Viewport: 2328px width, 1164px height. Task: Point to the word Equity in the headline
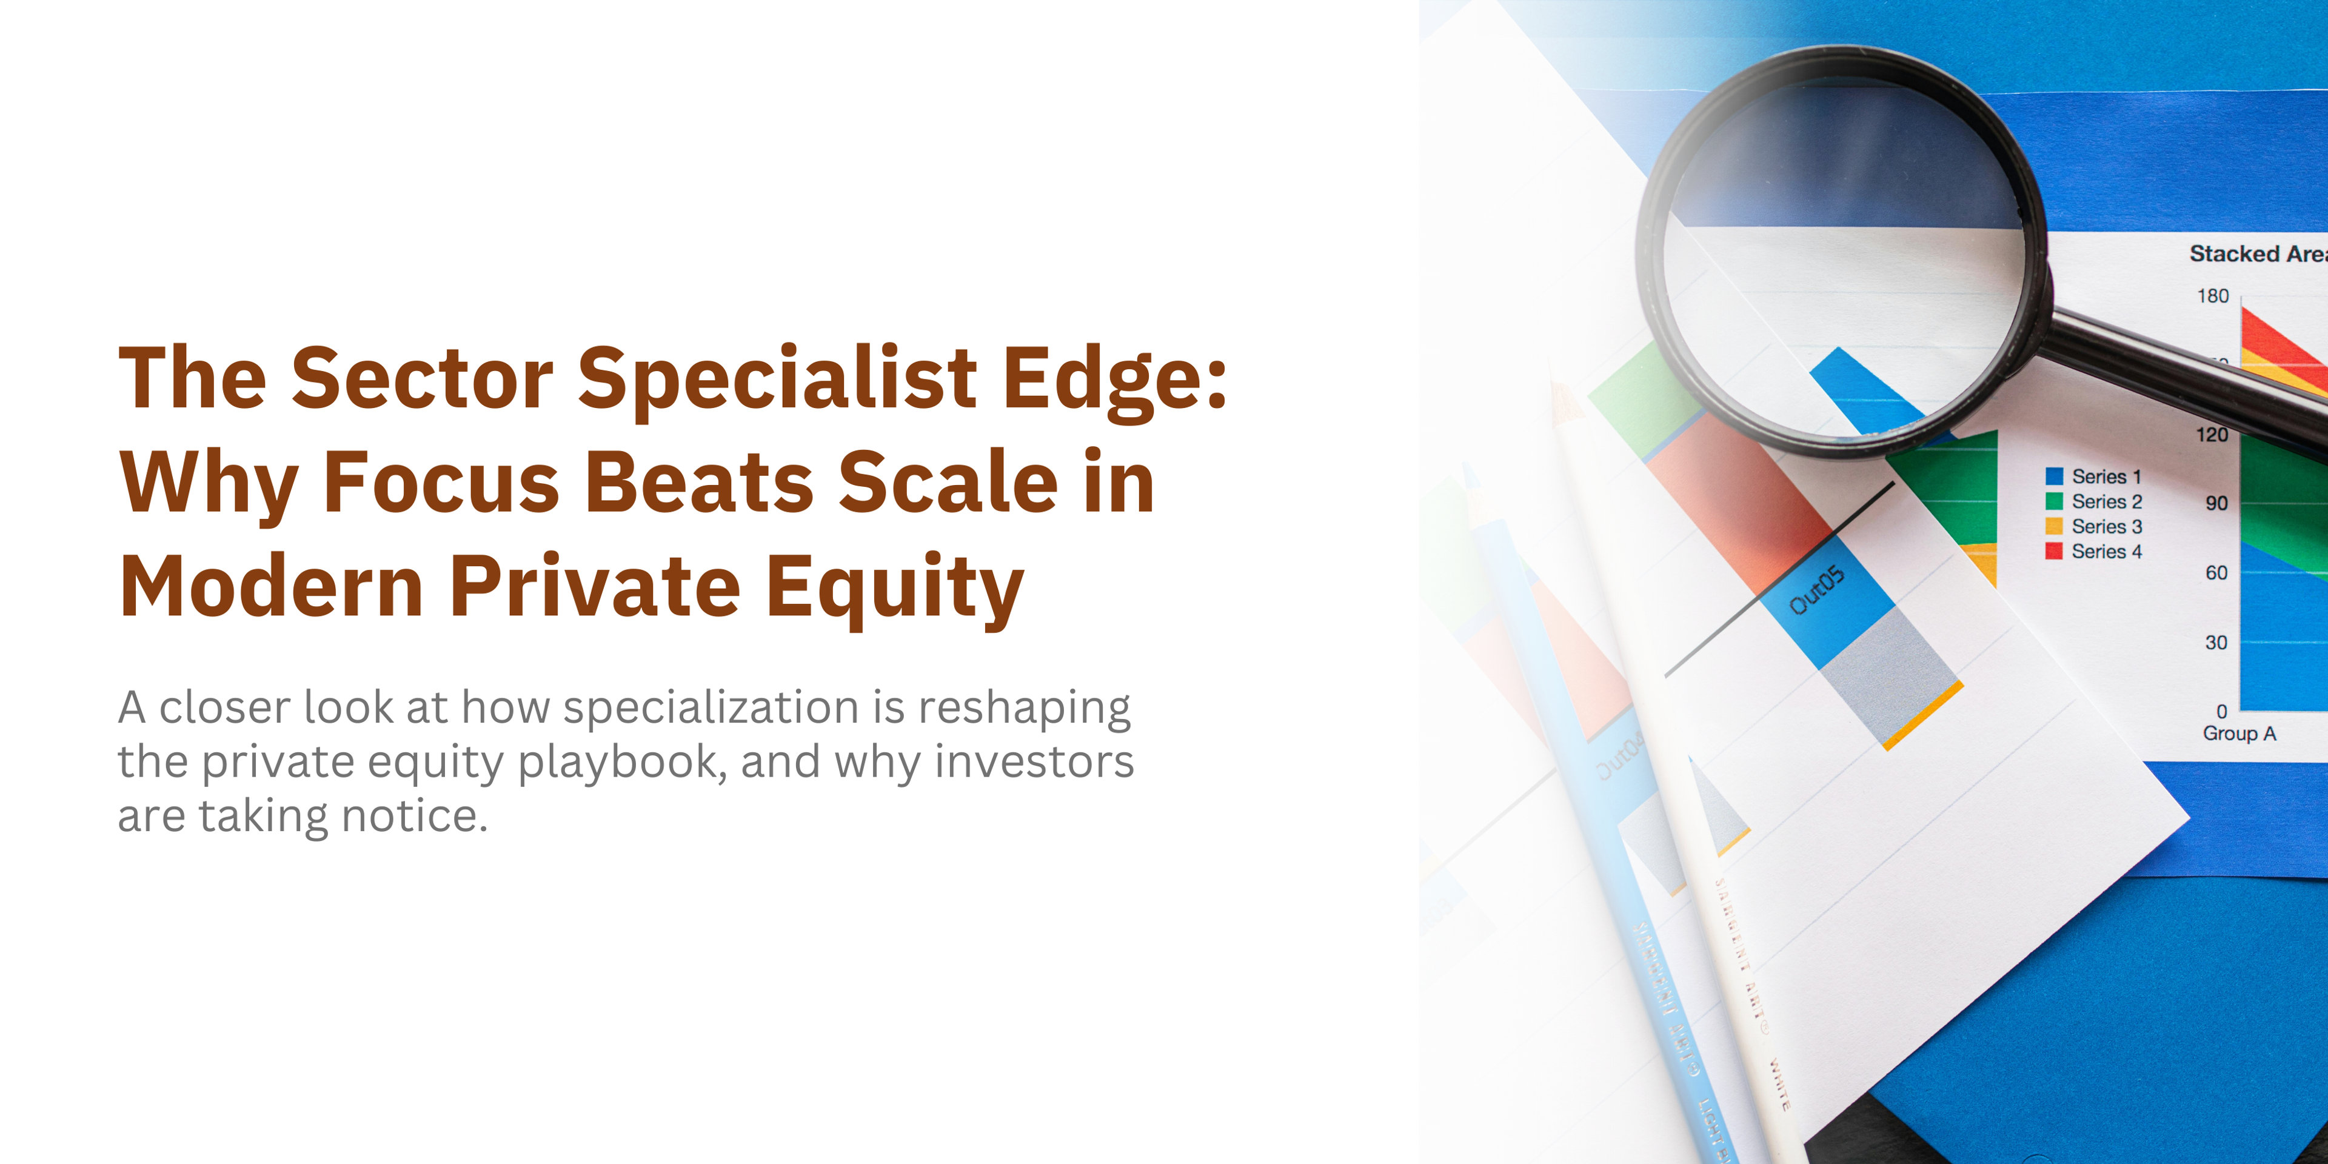pos(895,587)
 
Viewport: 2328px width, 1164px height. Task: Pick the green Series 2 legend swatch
pos(2054,501)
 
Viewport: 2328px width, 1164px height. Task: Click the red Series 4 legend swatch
pos(2054,551)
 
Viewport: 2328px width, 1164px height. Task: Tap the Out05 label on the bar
pos(1816,589)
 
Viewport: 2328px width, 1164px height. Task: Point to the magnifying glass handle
pos(2187,370)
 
